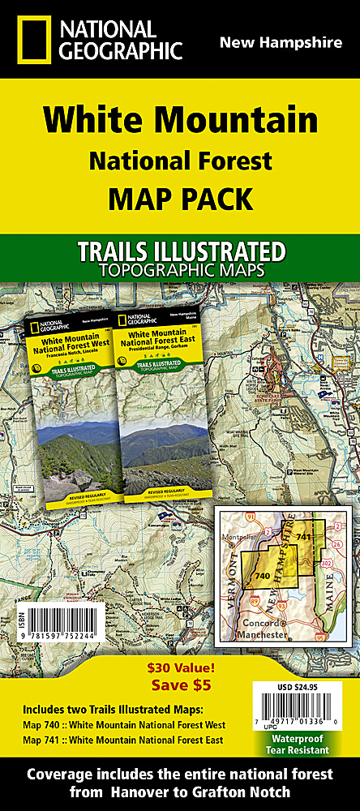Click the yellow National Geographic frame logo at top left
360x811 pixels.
[x=30, y=39]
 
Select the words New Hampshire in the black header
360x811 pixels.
[x=281, y=42]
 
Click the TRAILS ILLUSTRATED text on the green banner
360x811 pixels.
[x=180, y=251]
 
